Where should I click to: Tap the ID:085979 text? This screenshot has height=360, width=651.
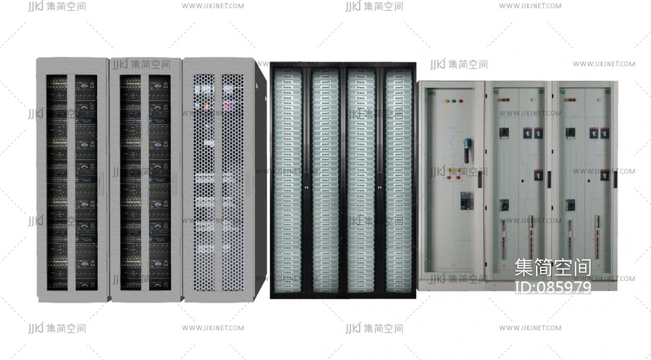[553, 287]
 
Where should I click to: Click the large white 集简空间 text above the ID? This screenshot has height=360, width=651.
[553, 268]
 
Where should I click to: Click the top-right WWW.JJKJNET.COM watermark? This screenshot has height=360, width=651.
[531, 6]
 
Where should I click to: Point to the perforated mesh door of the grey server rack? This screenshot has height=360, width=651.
[217, 181]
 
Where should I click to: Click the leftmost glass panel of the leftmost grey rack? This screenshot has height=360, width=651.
[56, 181]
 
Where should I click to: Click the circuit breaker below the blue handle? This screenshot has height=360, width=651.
[465, 200]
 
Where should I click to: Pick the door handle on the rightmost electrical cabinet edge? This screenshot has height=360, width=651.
[614, 178]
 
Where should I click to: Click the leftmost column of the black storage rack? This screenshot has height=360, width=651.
[288, 181]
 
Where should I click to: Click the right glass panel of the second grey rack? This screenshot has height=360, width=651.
[159, 181]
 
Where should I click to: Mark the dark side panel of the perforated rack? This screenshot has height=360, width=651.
[260, 181]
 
